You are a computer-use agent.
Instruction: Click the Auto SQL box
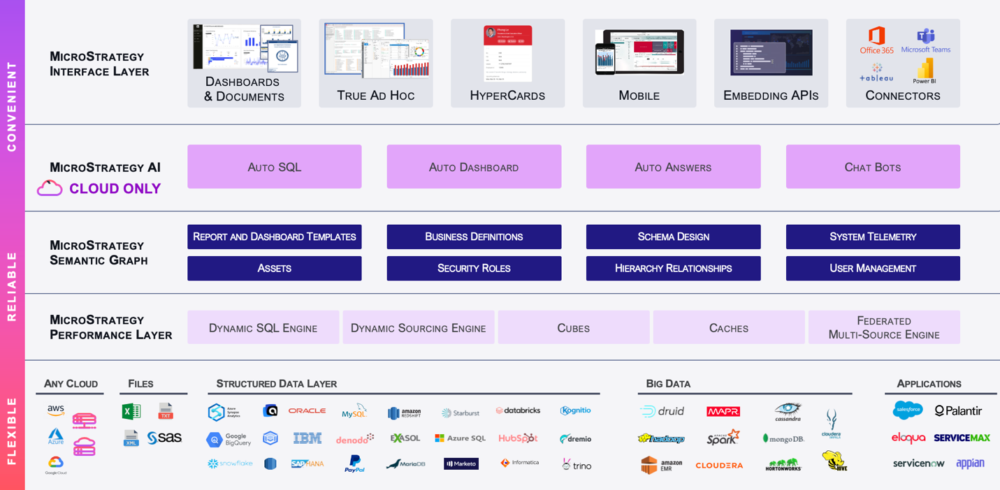[274, 167]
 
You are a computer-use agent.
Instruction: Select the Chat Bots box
[872, 167]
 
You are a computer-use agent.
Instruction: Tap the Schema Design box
[673, 237]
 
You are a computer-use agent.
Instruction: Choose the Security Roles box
[474, 268]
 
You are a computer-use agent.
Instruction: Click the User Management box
[872, 268]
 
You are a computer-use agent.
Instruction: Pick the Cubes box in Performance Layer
[573, 327]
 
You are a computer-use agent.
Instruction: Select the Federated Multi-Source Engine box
[883, 327]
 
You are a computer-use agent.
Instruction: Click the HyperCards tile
[507, 64]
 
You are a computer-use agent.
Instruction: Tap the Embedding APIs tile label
[770, 96]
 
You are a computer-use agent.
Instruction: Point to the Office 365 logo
[876, 40]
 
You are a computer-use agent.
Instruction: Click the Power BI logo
[924, 70]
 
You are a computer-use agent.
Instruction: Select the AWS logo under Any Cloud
[56, 410]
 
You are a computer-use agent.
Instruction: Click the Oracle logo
[307, 410]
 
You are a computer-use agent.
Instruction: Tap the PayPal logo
[354, 463]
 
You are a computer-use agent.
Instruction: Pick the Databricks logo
[518, 410]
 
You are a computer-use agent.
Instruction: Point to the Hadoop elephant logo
[660, 438]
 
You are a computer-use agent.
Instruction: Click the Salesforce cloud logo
[907, 410]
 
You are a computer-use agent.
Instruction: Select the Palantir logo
[958, 411]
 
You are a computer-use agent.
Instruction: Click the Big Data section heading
[668, 383]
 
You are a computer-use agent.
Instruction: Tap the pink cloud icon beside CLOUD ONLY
[50, 188]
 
